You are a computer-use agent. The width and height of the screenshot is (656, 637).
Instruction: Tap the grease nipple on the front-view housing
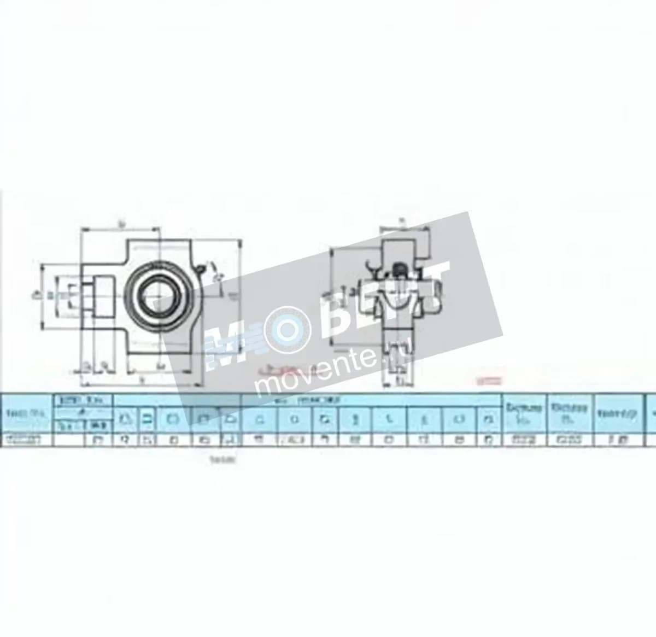[201, 269]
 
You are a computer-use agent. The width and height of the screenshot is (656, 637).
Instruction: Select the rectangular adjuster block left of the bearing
[101, 297]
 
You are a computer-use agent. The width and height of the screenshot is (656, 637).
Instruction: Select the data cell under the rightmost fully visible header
[618, 439]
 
